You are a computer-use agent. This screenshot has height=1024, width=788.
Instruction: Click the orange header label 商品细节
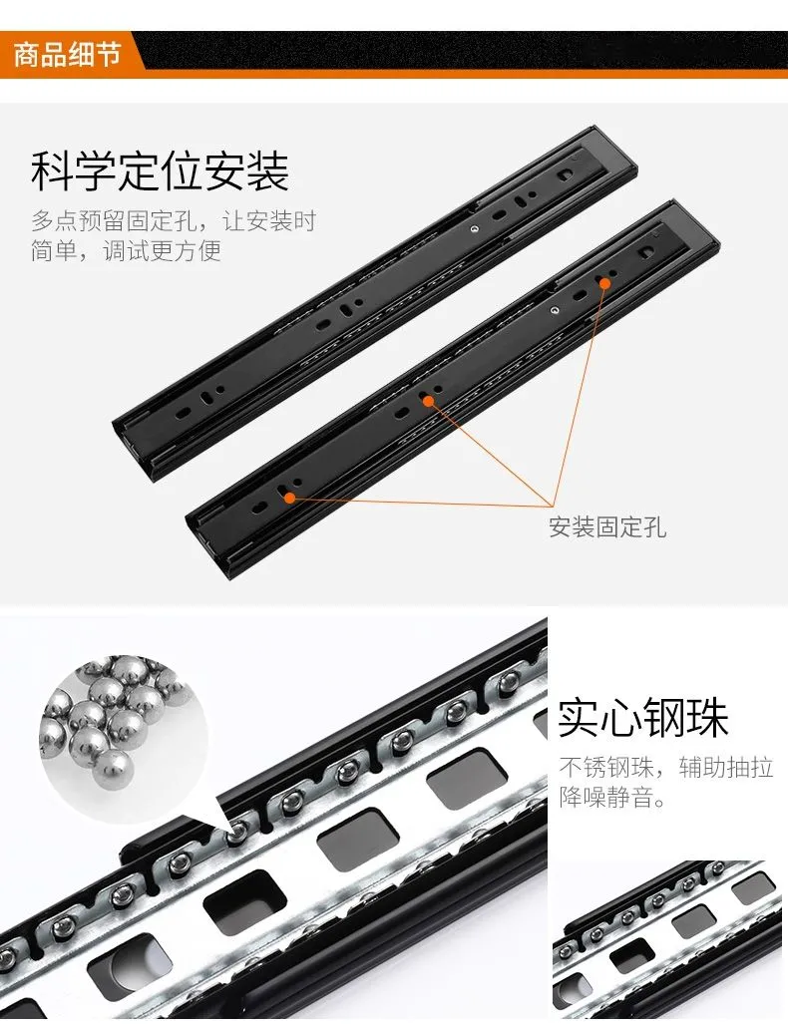67,54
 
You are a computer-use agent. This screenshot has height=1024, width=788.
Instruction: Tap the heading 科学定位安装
160,171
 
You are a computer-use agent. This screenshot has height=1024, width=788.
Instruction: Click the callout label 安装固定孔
607,527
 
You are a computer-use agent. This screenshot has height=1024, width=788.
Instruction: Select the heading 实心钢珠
643,717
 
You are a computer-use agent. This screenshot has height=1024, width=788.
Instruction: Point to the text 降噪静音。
612,797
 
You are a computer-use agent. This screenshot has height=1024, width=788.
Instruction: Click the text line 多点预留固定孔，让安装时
174,220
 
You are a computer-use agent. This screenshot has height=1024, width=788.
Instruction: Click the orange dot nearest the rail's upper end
605,283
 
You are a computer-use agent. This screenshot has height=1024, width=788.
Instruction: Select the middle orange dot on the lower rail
428,401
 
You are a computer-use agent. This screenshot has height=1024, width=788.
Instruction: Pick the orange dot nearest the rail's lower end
289,498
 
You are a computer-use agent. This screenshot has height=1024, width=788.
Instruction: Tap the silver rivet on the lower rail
554,310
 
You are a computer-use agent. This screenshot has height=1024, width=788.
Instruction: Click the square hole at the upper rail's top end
566,174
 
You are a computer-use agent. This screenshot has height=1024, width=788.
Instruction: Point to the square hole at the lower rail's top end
647,251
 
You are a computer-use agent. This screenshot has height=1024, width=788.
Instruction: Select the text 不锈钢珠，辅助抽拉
666,767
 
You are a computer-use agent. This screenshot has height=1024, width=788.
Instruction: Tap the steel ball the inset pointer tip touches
238,831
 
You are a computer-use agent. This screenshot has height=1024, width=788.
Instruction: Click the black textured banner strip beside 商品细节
464,50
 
